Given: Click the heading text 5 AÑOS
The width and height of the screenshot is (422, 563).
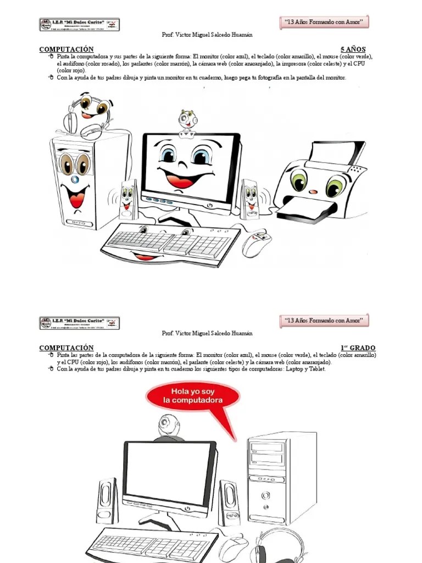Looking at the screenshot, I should tap(353, 49).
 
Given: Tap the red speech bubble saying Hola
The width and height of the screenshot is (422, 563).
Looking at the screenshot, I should tap(192, 397).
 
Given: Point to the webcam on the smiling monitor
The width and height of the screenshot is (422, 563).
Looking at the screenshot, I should tap(187, 122).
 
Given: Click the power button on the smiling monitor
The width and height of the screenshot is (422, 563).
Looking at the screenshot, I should tap(209, 205).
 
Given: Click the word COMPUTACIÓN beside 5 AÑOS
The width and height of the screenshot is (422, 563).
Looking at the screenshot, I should tap(66, 49).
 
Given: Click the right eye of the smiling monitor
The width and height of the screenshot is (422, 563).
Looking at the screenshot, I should tap(202, 156).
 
